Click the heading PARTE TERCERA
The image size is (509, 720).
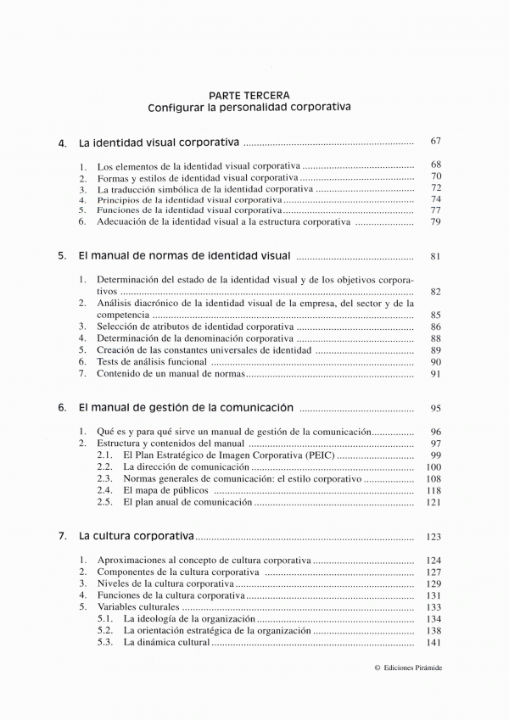click(x=249, y=95)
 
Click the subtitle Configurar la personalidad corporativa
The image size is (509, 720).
click(x=249, y=108)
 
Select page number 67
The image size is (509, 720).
click(x=435, y=142)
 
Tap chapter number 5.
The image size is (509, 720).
click(x=62, y=255)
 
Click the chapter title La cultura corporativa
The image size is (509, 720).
click(x=136, y=536)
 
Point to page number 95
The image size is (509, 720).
click(x=435, y=407)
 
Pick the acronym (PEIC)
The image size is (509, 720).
click(x=319, y=455)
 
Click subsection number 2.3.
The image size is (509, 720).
click(x=105, y=478)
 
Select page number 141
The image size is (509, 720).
click(x=433, y=643)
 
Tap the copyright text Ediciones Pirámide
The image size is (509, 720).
click(x=413, y=667)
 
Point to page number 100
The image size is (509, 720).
click(x=433, y=466)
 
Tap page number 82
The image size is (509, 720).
click(x=435, y=291)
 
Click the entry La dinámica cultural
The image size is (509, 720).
click(x=165, y=643)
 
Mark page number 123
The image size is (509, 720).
click(x=433, y=537)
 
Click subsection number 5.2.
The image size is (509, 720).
click(x=105, y=631)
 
